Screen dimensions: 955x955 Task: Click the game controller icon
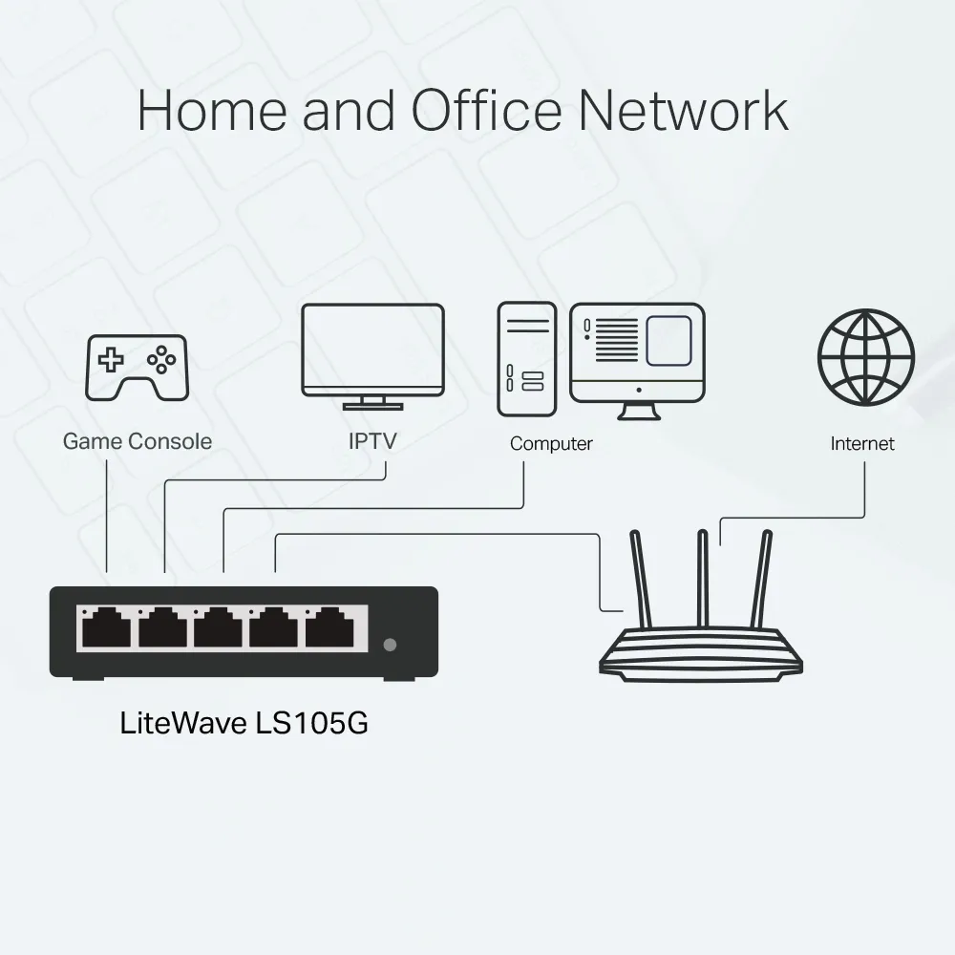point(138,366)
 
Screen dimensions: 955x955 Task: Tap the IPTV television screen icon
point(372,350)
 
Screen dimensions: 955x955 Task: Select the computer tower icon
point(526,358)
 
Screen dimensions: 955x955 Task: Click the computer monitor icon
point(637,351)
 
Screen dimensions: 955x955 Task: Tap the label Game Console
point(138,441)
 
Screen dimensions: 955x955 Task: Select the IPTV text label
point(372,441)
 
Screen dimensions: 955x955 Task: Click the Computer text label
point(551,443)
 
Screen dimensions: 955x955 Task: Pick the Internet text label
point(862,443)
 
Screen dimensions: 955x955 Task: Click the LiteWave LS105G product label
point(244,722)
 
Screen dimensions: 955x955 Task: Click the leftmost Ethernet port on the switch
point(106,630)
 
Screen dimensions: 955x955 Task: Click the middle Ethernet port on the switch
point(219,630)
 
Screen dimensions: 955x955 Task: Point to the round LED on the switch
point(389,645)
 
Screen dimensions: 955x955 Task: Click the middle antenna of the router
point(703,578)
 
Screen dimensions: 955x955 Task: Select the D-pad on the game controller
point(113,360)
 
